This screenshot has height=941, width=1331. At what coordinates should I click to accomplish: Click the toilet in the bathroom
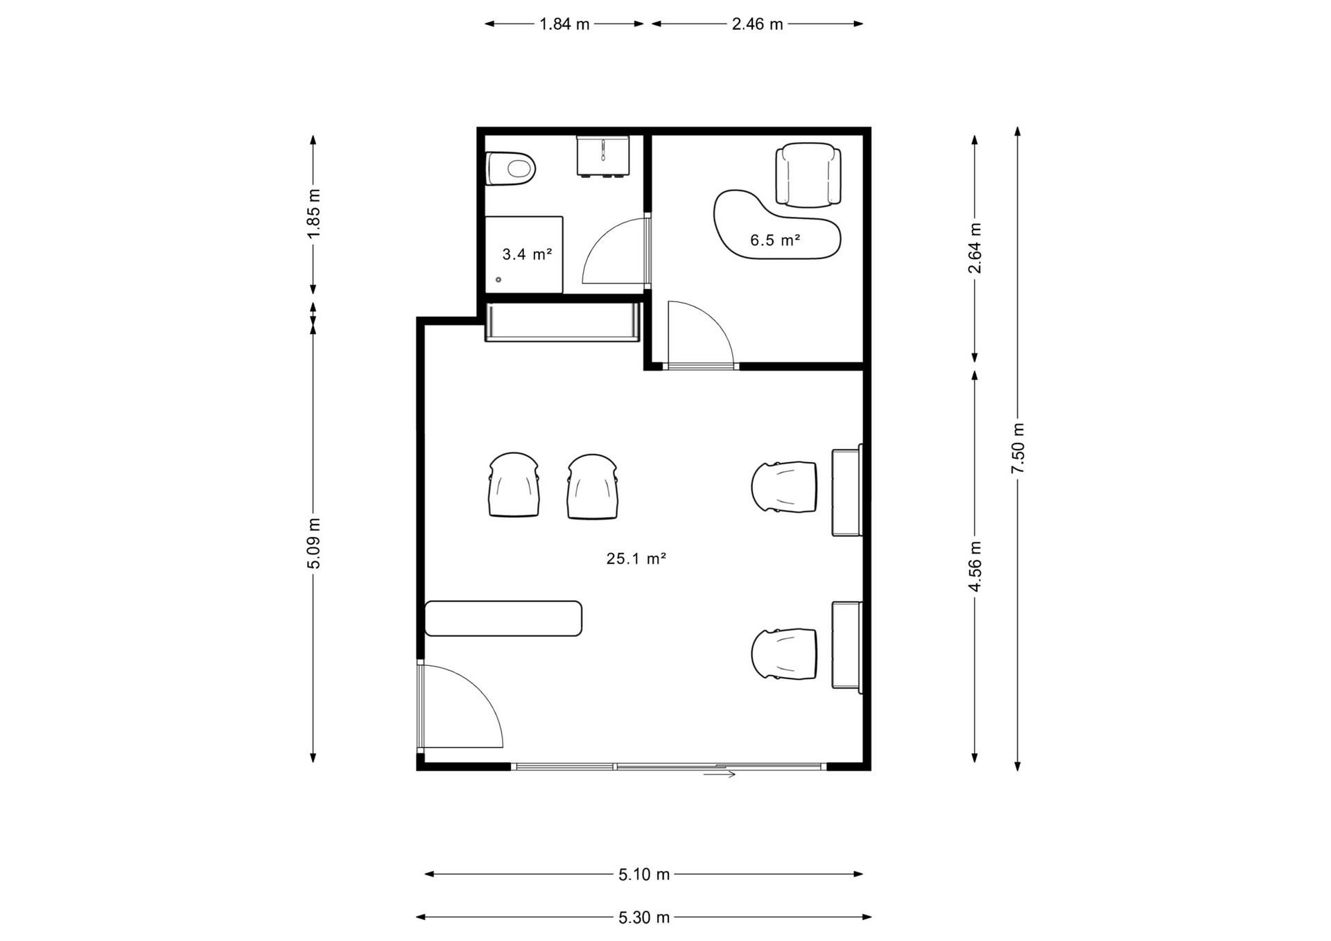point(511,168)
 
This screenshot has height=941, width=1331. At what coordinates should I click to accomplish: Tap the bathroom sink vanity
point(603,156)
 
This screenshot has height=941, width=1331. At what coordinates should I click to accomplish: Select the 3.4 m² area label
point(527,254)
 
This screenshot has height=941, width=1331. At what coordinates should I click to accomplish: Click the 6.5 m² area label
point(775,240)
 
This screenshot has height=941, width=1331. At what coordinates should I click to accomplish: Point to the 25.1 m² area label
point(636,559)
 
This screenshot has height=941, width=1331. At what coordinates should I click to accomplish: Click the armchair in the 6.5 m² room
point(808,175)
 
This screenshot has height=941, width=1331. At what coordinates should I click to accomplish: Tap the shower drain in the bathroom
point(498,280)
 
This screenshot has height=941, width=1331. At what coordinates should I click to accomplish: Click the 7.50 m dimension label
point(1018,449)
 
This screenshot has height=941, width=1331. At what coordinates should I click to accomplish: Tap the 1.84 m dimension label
point(564,24)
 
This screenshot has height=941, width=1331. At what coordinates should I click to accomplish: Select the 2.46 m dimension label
point(757,24)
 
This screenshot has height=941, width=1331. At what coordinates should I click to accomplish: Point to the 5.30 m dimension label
point(644,917)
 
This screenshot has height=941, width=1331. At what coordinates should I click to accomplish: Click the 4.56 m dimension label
point(975,567)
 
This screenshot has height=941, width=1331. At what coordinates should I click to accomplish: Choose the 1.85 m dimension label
point(313,213)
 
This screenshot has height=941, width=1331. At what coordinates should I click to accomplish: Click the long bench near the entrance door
point(503,618)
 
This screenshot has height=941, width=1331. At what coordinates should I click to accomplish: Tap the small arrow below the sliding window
point(720,774)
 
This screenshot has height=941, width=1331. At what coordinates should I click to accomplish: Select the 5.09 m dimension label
point(313,543)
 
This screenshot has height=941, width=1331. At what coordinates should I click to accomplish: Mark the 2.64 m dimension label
point(975,248)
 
